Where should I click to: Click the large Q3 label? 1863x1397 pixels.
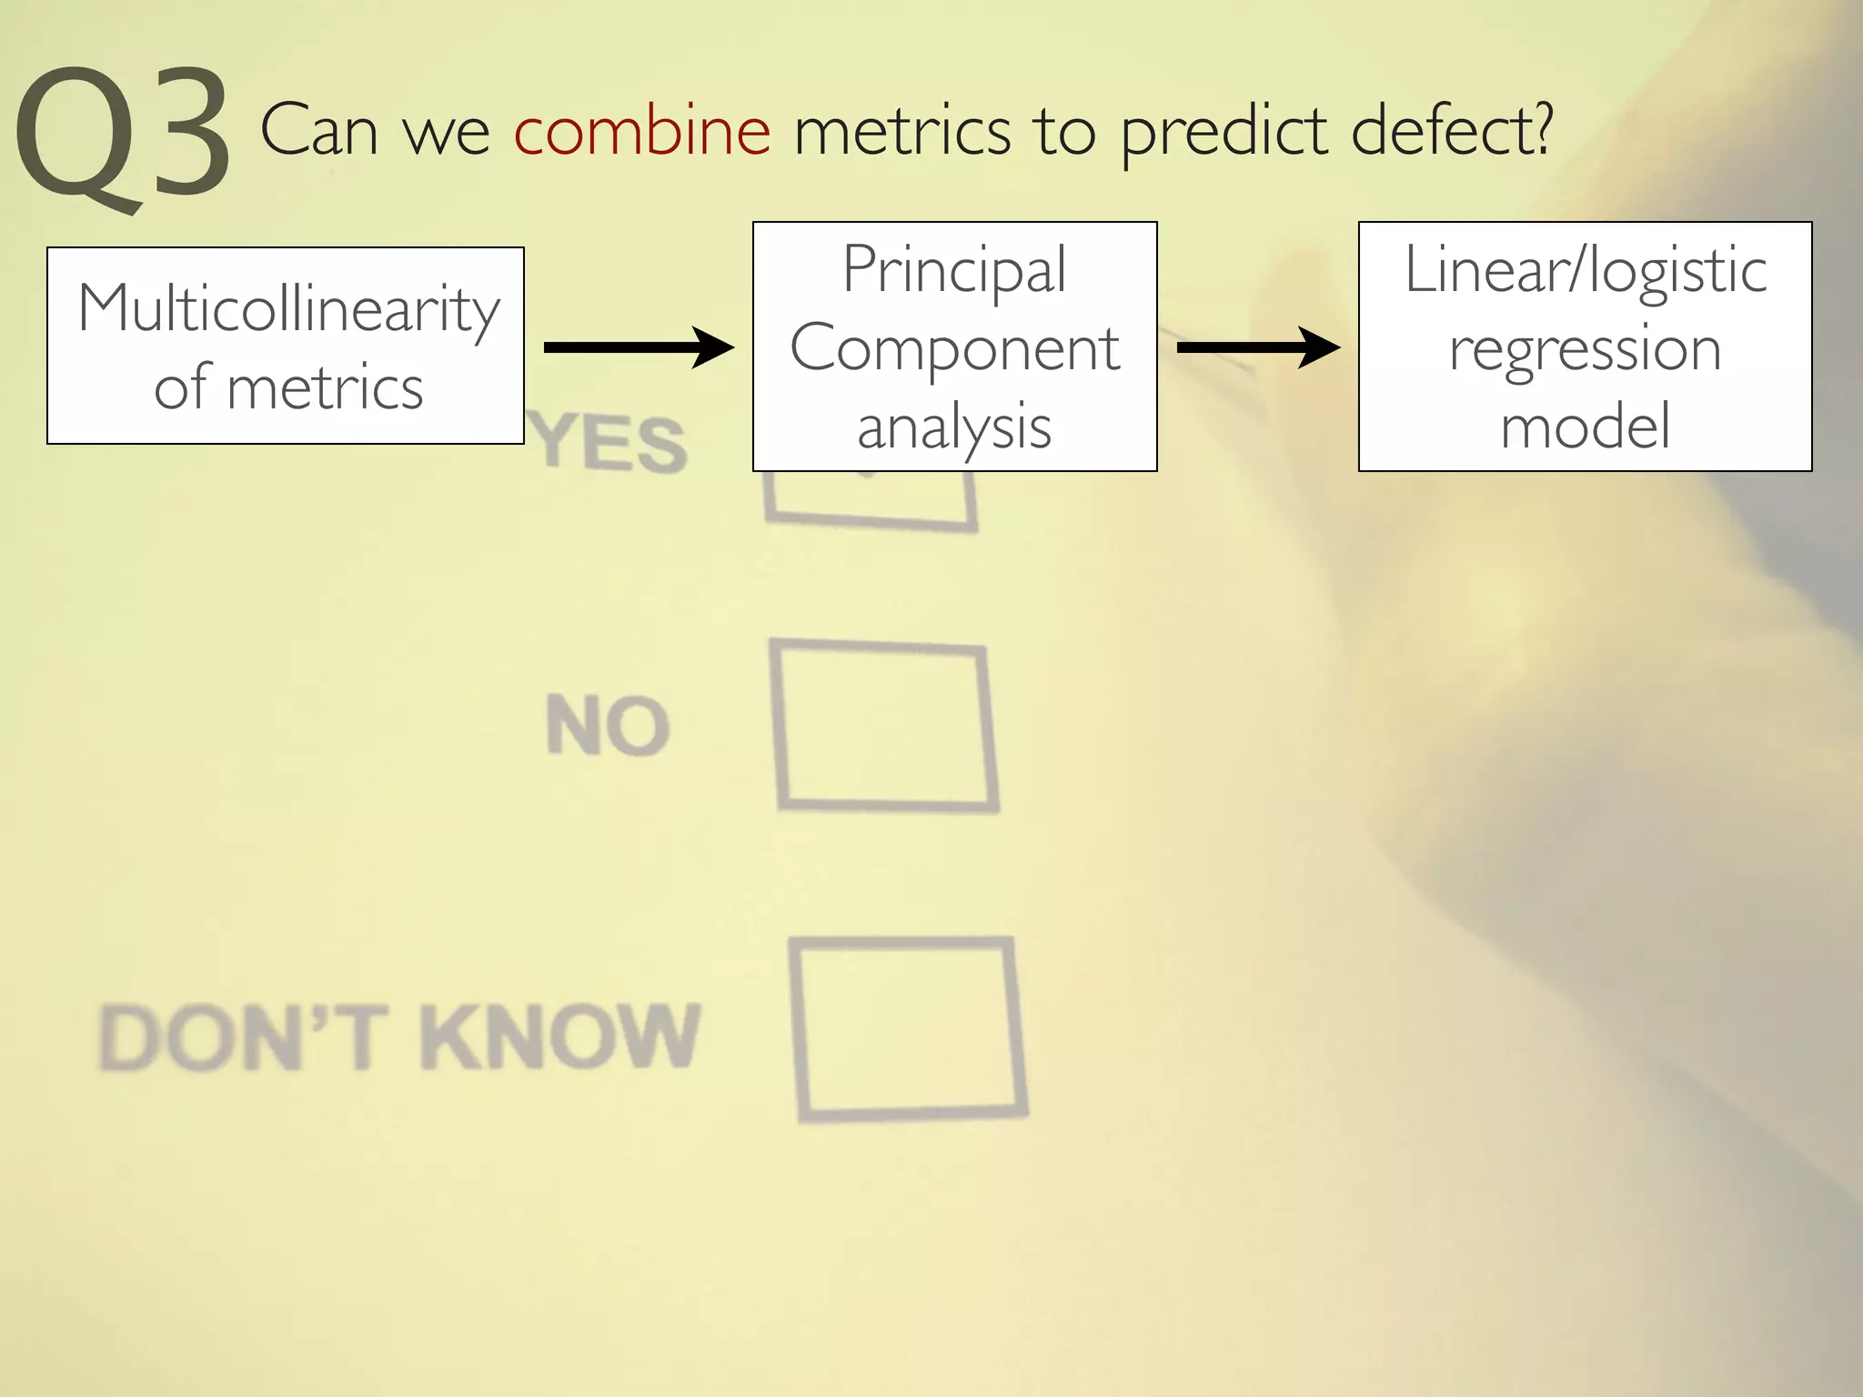(123, 136)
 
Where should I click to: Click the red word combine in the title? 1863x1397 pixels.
(642, 131)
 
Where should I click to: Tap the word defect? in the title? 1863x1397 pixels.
(1452, 131)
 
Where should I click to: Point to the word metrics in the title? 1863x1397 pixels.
(902, 131)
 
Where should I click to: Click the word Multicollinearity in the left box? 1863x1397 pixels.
(288, 309)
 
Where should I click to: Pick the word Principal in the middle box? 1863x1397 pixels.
(954, 269)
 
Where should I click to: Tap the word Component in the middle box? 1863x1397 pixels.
(954, 348)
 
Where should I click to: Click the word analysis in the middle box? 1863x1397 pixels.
(954, 427)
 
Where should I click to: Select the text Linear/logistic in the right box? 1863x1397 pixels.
(1586, 270)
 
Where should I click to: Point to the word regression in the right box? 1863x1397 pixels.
(1586, 349)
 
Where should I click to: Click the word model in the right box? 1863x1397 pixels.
(1586, 426)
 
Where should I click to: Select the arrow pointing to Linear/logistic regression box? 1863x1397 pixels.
(1258, 347)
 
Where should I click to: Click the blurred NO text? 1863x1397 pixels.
(608, 726)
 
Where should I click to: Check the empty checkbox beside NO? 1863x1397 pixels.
(885, 726)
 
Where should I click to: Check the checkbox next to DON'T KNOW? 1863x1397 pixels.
(909, 1029)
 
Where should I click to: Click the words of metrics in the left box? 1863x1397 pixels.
(288, 387)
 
